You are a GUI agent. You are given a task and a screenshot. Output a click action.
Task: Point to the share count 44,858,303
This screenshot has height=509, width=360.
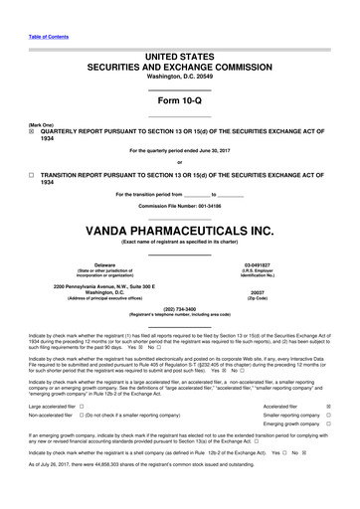click(107, 478)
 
